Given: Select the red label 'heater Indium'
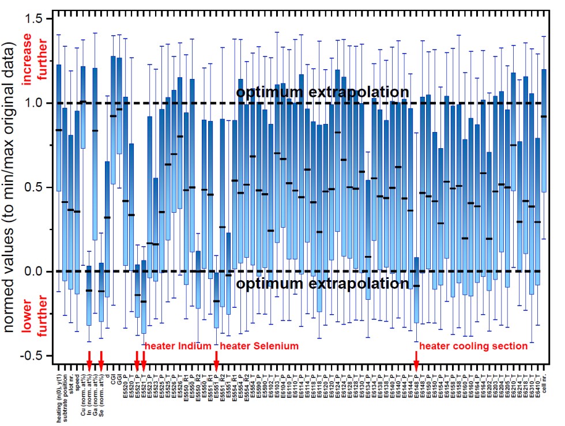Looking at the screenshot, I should tap(179, 346).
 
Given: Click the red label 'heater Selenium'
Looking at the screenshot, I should tap(259, 346).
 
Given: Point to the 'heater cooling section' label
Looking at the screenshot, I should tap(473, 346).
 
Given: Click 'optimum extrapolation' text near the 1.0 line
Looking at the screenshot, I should tap(323, 93).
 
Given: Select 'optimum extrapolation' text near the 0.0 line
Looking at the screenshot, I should tap(323, 284).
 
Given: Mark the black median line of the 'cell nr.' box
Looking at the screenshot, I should tap(544, 116).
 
